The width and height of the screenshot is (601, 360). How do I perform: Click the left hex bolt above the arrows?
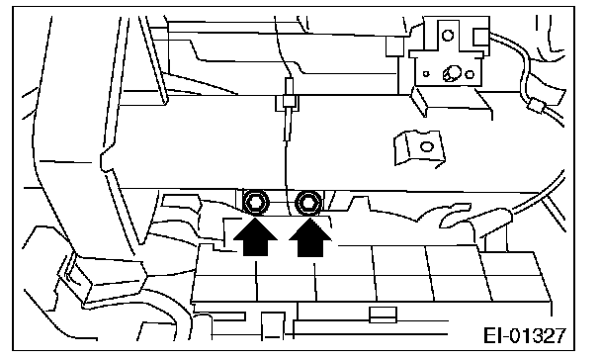click(x=256, y=202)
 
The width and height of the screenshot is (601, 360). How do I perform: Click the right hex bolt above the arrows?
click(x=308, y=202)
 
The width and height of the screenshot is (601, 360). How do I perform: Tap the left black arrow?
click(x=255, y=237)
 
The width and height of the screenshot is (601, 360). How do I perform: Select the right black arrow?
click(x=310, y=237)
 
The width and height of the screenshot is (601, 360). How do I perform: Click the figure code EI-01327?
click(x=524, y=335)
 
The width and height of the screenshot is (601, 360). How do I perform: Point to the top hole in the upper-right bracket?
click(x=448, y=36)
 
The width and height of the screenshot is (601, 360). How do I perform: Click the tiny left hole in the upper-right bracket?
click(x=426, y=73)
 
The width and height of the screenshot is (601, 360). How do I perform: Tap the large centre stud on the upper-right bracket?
click(x=452, y=73)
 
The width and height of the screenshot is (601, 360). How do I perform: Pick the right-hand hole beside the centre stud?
click(x=470, y=74)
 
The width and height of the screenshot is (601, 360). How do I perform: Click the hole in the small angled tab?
click(x=427, y=146)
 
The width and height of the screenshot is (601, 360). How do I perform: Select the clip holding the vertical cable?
click(x=287, y=103)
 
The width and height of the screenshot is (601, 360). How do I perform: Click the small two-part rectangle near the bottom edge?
click(x=383, y=315)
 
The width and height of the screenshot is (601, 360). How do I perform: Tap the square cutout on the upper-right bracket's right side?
click(x=481, y=38)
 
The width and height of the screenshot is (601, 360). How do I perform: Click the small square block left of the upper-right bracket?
click(x=394, y=46)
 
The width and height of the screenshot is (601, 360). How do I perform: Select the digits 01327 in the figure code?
click(x=538, y=335)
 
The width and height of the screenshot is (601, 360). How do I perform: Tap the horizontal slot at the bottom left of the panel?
click(x=228, y=316)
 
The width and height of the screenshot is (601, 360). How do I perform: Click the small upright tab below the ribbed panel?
click(x=273, y=325)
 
